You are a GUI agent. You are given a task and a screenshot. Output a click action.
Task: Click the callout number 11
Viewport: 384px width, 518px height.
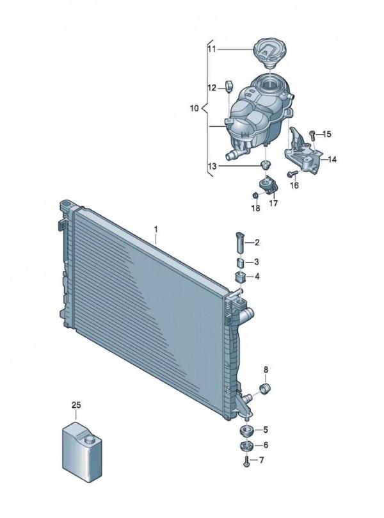click(x=211, y=49)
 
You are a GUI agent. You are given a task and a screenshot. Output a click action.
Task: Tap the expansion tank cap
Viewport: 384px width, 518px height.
click(x=269, y=53)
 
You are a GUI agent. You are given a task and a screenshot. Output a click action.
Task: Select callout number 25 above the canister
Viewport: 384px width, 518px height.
click(x=76, y=405)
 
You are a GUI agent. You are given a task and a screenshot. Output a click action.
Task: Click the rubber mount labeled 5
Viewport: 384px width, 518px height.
click(x=246, y=430)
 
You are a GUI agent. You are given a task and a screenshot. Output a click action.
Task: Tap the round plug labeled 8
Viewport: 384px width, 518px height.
click(x=265, y=389)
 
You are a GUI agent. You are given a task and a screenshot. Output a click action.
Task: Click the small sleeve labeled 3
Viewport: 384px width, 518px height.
click(x=240, y=263)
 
